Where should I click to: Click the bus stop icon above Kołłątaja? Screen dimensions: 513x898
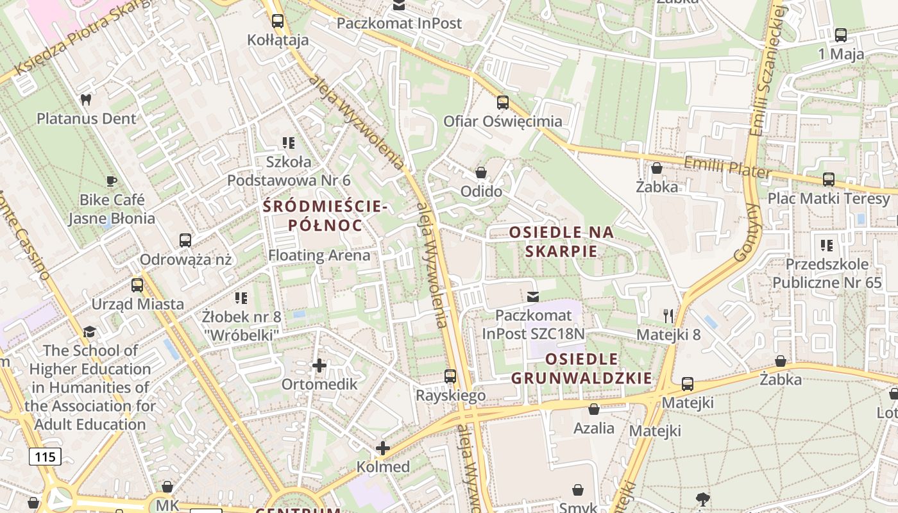pos(278,21)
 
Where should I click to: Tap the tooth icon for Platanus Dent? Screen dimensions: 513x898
pos(86,100)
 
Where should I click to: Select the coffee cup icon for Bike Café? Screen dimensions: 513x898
pos(112,181)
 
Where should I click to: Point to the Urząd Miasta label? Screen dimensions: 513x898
pos(137,304)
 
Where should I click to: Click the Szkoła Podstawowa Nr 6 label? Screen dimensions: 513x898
pos(289,171)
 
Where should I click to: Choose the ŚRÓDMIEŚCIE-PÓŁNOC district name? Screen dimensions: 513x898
pos(325,216)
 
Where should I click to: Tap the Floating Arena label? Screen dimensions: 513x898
pos(319,255)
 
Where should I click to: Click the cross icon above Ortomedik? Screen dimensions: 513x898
pos(319,366)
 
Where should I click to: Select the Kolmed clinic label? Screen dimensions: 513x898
pos(383,466)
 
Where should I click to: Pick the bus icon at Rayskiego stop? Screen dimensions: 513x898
pos(450,376)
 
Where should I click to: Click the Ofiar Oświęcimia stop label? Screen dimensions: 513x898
pos(503,121)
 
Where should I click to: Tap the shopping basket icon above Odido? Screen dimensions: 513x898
pos(481,172)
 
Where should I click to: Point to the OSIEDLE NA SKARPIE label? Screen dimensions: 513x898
pos(561,241)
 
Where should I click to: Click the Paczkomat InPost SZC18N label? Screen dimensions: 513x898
pos(534,324)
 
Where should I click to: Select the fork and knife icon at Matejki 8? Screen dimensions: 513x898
pos(668,315)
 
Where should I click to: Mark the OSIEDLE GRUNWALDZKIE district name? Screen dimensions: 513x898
pos(581,368)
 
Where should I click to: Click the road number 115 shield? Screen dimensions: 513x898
pos(45,457)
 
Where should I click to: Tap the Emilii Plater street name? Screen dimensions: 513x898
pos(727,168)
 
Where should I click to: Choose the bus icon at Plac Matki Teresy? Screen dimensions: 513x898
pos(829,180)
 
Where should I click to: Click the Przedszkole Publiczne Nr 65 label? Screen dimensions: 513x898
pos(827,273)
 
